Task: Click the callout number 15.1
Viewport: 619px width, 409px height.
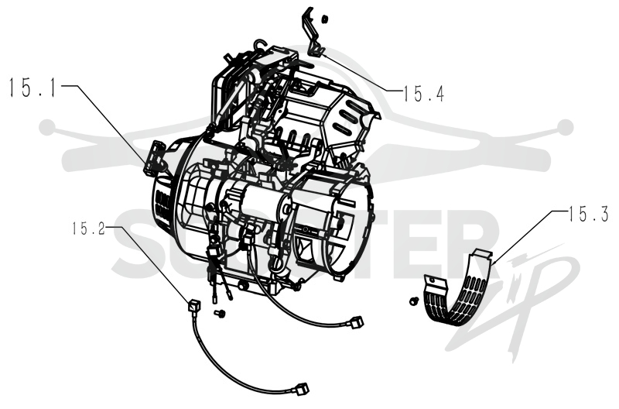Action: pyautogui.click(x=33, y=88)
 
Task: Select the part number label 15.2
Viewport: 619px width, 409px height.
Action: pyautogui.click(x=88, y=229)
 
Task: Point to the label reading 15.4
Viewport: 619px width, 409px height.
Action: pyautogui.click(x=424, y=94)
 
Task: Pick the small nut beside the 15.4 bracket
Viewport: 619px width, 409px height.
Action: pyautogui.click(x=325, y=19)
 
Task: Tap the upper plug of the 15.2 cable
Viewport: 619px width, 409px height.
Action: pyautogui.click(x=194, y=306)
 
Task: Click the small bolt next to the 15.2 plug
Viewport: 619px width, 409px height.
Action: pyautogui.click(x=219, y=314)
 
